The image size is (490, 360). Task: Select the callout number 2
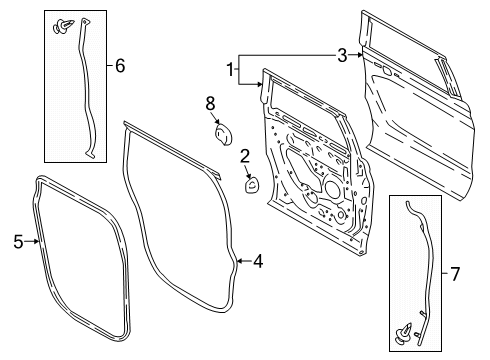click(244, 155)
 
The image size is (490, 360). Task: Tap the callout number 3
click(341, 56)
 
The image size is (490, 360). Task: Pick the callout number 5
click(17, 241)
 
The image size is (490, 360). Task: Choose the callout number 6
click(120, 67)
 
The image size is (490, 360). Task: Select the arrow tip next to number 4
click(240, 262)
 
